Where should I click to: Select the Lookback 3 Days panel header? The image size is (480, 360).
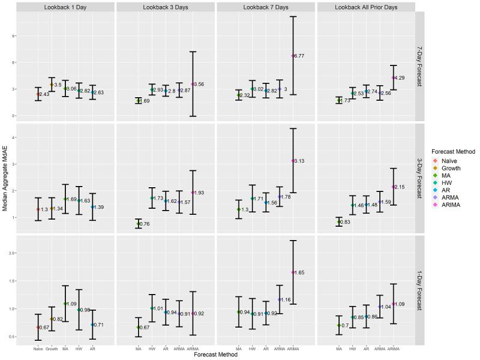tap(166, 6)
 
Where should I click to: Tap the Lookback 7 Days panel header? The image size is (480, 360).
tap(266, 6)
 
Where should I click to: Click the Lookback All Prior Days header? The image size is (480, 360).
tap(366, 6)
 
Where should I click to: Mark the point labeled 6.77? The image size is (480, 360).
tap(293, 56)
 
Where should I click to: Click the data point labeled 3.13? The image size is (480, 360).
tap(293, 161)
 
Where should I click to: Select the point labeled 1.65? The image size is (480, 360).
tap(293, 272)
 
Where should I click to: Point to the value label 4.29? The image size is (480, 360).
tap(401, 78)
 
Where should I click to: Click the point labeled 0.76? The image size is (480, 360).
tap(139, 224)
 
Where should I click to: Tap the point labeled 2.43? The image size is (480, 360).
tap(38, 94)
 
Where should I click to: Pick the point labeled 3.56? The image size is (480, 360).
tap(193, 84)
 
